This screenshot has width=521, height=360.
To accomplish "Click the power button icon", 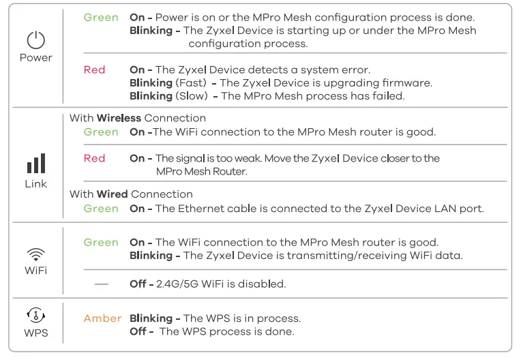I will [35, 40].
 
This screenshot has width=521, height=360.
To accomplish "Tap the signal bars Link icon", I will [35, 164].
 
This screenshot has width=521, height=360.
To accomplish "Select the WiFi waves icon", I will [35, 254].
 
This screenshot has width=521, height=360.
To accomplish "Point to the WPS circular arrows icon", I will [35, 315].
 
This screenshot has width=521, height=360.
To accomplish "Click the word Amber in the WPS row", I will [102, 318].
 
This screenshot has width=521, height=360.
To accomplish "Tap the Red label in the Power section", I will [94, 70].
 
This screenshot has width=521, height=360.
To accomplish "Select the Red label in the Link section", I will [94, 158].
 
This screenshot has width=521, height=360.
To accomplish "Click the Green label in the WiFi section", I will [101, 242].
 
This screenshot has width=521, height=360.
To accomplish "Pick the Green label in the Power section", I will [101, 17].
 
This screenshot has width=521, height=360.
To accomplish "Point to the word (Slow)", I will [192, 96].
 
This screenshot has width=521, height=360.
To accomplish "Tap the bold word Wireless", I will [119, 118].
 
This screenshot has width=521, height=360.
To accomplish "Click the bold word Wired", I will [112, 194].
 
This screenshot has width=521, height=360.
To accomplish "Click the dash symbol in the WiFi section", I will [101, 284].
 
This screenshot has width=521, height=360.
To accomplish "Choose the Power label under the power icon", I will [35, 58].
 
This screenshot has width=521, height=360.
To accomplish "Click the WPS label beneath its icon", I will [35, 334].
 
